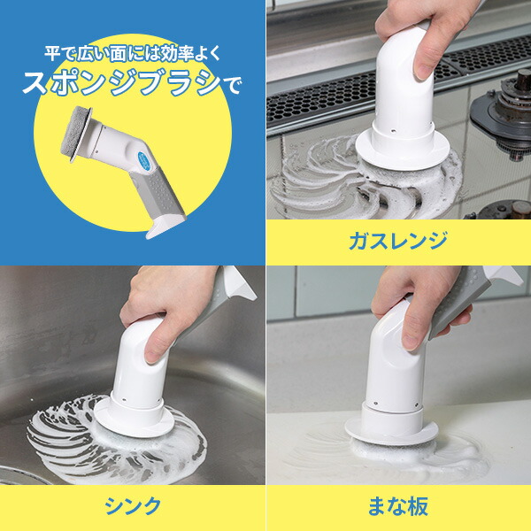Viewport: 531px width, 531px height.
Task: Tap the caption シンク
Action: pos(133,506)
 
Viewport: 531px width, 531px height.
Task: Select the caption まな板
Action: pos(398,506)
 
